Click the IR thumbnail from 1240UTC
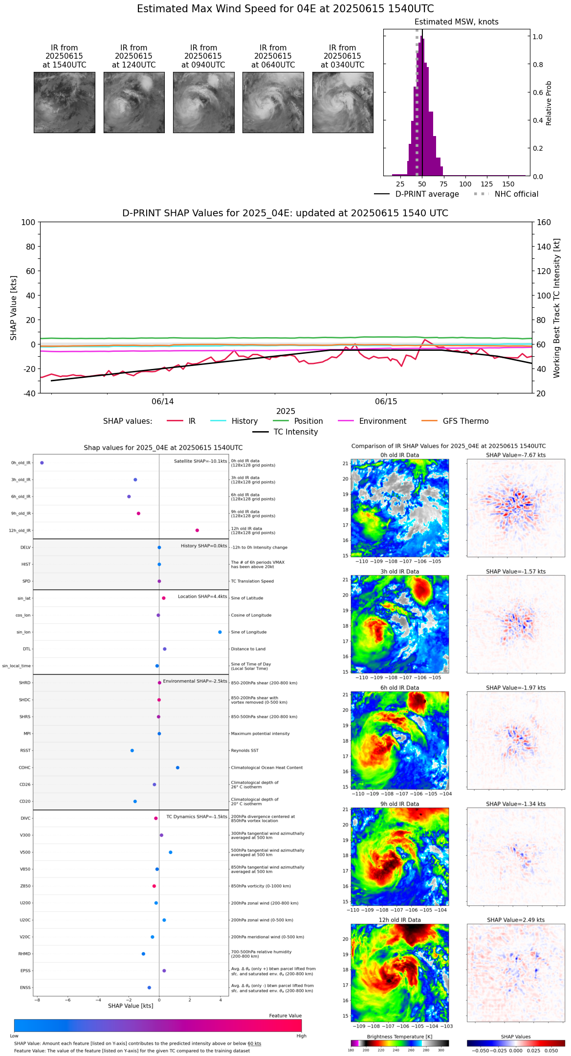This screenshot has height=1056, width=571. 134,102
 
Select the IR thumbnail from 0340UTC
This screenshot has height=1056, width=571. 343,102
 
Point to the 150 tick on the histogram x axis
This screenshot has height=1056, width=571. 508,184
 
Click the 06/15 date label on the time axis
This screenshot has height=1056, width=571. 386,402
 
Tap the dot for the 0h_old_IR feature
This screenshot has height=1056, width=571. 42,463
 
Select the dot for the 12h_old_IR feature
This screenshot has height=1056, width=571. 197,530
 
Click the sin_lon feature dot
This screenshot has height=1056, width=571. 220,632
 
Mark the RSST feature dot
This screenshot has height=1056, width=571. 132,751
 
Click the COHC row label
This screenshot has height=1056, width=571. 24,768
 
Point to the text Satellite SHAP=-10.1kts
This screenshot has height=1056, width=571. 200,461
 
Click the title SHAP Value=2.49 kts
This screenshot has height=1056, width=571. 516,920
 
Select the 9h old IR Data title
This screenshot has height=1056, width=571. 399,804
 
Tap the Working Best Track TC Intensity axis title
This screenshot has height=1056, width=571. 557,308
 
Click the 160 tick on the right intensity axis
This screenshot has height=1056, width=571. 544,222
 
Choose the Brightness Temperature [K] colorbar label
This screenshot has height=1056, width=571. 399,1036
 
